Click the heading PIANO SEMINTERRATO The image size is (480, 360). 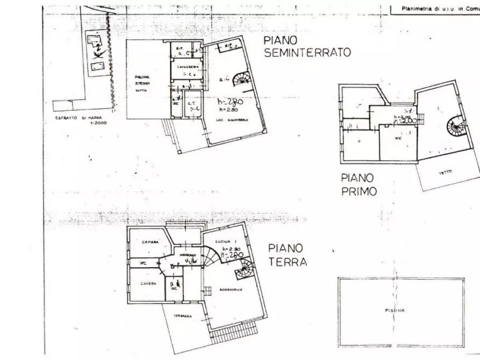pos(306,47)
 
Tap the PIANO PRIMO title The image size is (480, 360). pos(359,184)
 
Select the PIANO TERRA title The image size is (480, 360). pos(288,255)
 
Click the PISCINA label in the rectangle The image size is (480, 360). pos(394,310)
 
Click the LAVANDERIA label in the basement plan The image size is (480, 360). pos(186,67)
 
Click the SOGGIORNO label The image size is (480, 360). pos(231,289)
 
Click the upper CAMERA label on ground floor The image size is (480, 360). pos(150,242)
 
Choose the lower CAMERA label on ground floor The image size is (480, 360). pos(148,283)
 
